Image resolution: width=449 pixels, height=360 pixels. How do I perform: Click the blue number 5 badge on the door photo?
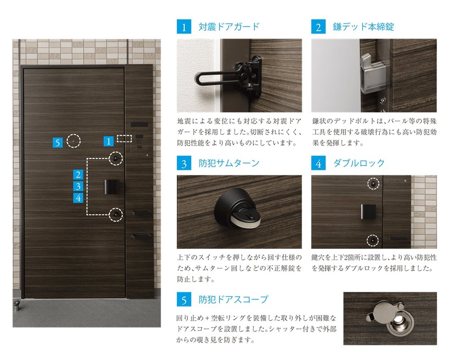point(58,142)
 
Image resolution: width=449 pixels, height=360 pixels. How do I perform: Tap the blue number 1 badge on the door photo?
point(108,141)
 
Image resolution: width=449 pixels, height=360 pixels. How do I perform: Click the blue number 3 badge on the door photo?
point(78,186)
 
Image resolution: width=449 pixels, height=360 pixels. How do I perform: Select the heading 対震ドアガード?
point(229,27)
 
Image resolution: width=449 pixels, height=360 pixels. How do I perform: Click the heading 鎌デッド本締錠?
point(363,27)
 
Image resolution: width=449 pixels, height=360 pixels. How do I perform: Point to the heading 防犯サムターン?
point(229,163)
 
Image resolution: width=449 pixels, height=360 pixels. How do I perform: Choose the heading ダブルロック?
point(359,163)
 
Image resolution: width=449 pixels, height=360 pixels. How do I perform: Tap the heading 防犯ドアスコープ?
point(233,300)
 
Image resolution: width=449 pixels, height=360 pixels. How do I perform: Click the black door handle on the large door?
point(112,187)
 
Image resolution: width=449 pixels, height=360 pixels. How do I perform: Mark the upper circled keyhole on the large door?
point(115,158)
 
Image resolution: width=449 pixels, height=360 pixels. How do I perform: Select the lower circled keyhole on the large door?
point(115,214)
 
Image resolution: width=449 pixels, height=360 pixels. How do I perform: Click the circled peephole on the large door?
point(74,141)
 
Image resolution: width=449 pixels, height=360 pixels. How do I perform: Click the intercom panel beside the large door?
point(139,142)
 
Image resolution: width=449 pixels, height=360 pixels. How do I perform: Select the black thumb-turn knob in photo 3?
point(238,208)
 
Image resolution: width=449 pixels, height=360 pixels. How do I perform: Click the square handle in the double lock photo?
point(368,212)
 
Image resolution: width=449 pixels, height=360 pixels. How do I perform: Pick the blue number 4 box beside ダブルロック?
point(318,163)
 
